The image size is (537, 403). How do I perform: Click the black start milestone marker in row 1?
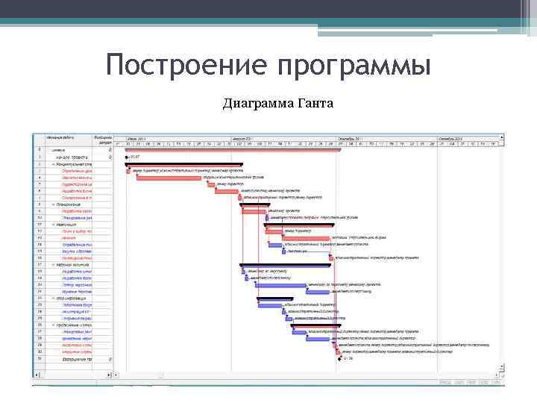tap(127, 157)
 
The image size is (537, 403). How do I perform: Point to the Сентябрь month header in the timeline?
tap(349, 138)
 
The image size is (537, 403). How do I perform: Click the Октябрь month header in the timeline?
tap(450, 138)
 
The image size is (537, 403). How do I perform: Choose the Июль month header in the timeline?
tap(136, 138)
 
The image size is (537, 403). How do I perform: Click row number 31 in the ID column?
tap(40, 359)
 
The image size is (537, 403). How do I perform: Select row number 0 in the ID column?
tap(40, 149)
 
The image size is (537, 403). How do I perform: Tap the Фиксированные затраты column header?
tap(102, 140)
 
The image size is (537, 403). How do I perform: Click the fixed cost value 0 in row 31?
tap(110, 359)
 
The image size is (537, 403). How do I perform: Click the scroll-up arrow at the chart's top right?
tap(502, 137)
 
